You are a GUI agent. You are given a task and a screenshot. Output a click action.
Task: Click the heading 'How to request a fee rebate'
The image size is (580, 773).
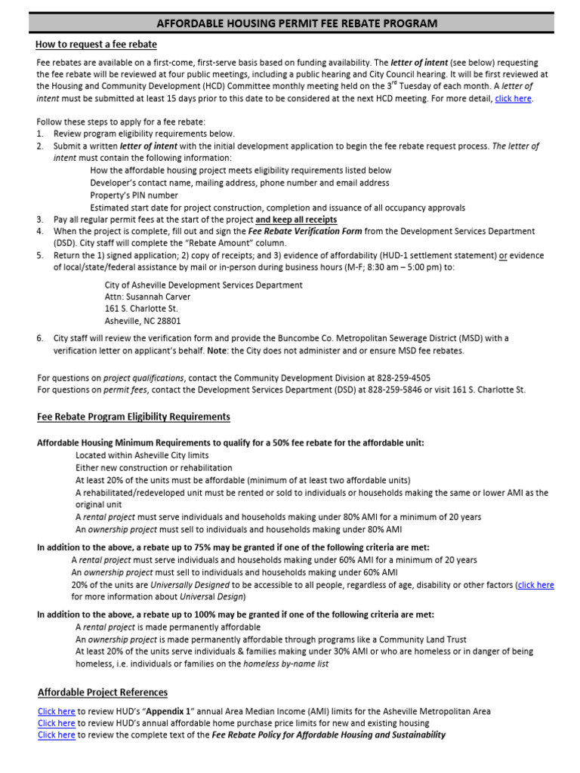click(x=97, y=45)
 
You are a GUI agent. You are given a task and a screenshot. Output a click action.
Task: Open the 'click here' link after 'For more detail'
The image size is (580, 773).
click(x=513, y=99)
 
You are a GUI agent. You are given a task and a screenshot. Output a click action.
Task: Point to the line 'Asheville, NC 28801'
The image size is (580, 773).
click(x=143, y=321)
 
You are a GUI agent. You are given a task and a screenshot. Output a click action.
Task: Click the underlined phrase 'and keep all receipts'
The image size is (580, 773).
click(x=296, y=219)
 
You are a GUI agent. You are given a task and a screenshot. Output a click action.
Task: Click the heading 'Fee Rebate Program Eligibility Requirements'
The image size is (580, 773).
click(x=134, y=417)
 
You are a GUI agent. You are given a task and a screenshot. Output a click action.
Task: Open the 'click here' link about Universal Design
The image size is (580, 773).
click(x=535, y=584)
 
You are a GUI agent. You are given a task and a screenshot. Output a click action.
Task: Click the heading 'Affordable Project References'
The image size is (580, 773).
click(x=103, y=692)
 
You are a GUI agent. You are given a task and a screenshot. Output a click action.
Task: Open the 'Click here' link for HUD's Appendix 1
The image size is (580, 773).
click(x=57, y=711)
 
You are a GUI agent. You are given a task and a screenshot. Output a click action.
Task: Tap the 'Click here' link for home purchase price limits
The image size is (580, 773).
click(x=57, y=722)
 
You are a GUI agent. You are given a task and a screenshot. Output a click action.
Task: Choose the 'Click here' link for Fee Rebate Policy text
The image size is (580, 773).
click(x=57, y=735)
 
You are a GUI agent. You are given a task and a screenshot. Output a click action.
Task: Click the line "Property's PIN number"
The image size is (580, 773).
click(x=134, y=195)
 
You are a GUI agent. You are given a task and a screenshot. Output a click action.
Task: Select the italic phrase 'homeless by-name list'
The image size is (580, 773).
click(x=285, y=664)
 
